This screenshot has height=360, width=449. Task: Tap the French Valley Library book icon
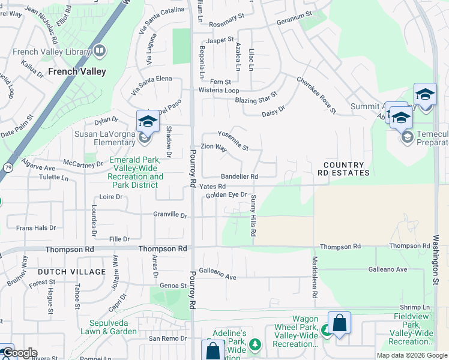[x=99, y=52]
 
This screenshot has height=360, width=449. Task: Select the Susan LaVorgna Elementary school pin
[x=147, y=122]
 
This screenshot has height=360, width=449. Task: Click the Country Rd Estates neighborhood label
[x=343, y=169]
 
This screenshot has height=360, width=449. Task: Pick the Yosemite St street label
[x=233, y=140]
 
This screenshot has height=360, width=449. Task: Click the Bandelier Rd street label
[x=239, y=176]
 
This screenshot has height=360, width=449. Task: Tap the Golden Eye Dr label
[x=226, y=195]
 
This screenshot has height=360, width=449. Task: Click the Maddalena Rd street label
[x=314, y=278]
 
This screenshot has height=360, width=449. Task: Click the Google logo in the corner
[x=19, y=353]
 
